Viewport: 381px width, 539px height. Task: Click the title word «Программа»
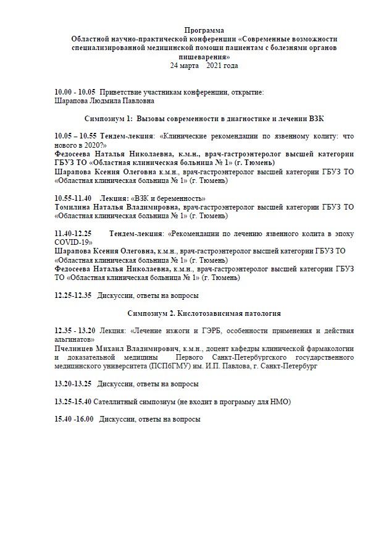click(x=204, y=30)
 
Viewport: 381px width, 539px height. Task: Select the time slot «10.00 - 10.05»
click(x=75, y=91)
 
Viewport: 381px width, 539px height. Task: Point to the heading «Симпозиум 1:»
click(x=108, y=117)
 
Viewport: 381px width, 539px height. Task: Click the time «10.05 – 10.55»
click(x=75, y=136)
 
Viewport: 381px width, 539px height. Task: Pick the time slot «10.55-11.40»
click(x=73, y=198)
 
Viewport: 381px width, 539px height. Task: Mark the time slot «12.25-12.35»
click(x=73, y=295)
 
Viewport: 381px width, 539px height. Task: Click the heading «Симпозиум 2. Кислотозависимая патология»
click(x=204, y=313)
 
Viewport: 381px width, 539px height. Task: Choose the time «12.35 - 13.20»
click(x=75, y=331)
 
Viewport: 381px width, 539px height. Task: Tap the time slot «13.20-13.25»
click(x=73, y=384)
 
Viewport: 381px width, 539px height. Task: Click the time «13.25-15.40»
click(x=73, y=402)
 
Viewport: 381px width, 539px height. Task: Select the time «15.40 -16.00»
click(x=74, y=419)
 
